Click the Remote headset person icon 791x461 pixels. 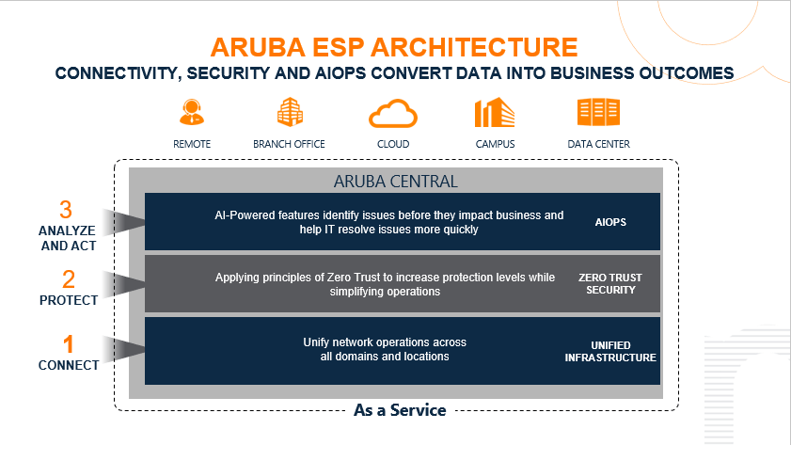(x=192, y=113)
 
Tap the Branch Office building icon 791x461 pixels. (x=290, y=113)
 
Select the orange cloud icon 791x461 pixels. (x=392, y=113)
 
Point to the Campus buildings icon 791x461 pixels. (x=495, y=113)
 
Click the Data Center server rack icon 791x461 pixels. (x=598, y=113)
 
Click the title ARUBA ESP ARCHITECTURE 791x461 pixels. (x=394, y=47)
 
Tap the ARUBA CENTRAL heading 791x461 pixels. (x=395, y=181)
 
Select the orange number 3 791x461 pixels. (x=66, y=210)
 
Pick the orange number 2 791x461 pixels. (x=68, y=279)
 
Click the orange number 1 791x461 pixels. (x=68, y=344)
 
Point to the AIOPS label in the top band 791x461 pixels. (x=610, y=223)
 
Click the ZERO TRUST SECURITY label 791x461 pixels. (x=607, y=284)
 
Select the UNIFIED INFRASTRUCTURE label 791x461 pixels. (x=609, y=351)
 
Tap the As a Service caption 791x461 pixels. (x=399, y=410)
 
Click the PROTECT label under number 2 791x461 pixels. (x=68, y=300)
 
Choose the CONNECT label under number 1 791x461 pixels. (x=68, y=365)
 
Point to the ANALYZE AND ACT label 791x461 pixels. (x=68, y=239)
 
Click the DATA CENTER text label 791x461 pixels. (x=598, y=144)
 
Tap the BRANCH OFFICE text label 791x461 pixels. (x=289, y=144)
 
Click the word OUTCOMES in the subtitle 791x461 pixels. (x=684, y=72)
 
